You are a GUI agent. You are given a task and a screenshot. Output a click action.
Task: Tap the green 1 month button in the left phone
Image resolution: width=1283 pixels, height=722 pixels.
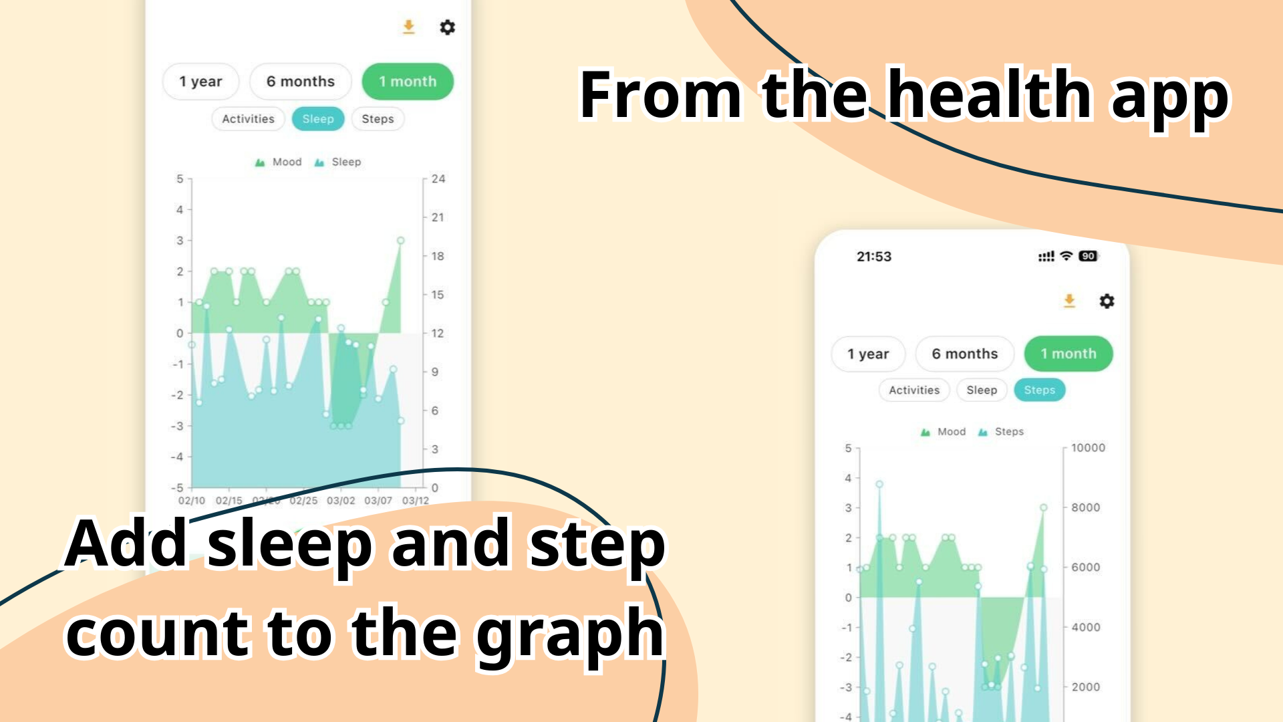[x=408, y=82]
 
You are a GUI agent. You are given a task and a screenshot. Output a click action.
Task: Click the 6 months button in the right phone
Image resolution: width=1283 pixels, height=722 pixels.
[x=964, y=354]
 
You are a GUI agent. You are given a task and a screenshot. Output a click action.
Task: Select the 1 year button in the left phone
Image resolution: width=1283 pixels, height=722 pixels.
[x=200, y=82]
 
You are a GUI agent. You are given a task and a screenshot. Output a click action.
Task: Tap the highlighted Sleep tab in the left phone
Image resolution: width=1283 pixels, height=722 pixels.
[x=318, y=119]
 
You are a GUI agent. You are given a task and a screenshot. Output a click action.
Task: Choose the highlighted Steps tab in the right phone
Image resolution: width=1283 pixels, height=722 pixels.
[x=1039, y=390]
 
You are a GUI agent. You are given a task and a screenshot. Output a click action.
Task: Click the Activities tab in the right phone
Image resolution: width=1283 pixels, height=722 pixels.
[x=914, y=390]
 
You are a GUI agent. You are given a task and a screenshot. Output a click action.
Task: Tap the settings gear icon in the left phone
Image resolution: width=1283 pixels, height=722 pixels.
[x=447, y=27]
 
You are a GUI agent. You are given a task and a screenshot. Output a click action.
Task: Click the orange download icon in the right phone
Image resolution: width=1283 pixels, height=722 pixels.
[x=1069, y=301]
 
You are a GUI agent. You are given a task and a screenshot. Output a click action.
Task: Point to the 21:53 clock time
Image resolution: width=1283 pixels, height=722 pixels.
[x=874, y=257]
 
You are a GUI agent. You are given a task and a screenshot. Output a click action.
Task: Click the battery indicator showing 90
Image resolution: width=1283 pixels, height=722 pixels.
[x=1088, y=256]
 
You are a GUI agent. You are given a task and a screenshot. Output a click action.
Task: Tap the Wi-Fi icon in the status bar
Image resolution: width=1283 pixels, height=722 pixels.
[x=1066, y=256]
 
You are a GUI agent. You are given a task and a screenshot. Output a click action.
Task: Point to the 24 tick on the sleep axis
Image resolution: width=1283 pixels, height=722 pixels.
[x=438, y=178]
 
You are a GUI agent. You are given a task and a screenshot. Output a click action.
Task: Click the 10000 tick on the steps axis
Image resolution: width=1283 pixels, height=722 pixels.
[x=1088, y=448]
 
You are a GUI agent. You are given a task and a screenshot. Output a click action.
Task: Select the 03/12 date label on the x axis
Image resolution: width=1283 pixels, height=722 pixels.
[x=415, y=501]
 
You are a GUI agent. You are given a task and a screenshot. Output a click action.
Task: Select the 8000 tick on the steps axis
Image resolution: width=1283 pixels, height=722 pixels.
[x=1085, y=507]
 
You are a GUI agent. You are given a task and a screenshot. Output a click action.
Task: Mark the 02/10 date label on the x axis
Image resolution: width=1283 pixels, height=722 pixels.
[x=192, y=501]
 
